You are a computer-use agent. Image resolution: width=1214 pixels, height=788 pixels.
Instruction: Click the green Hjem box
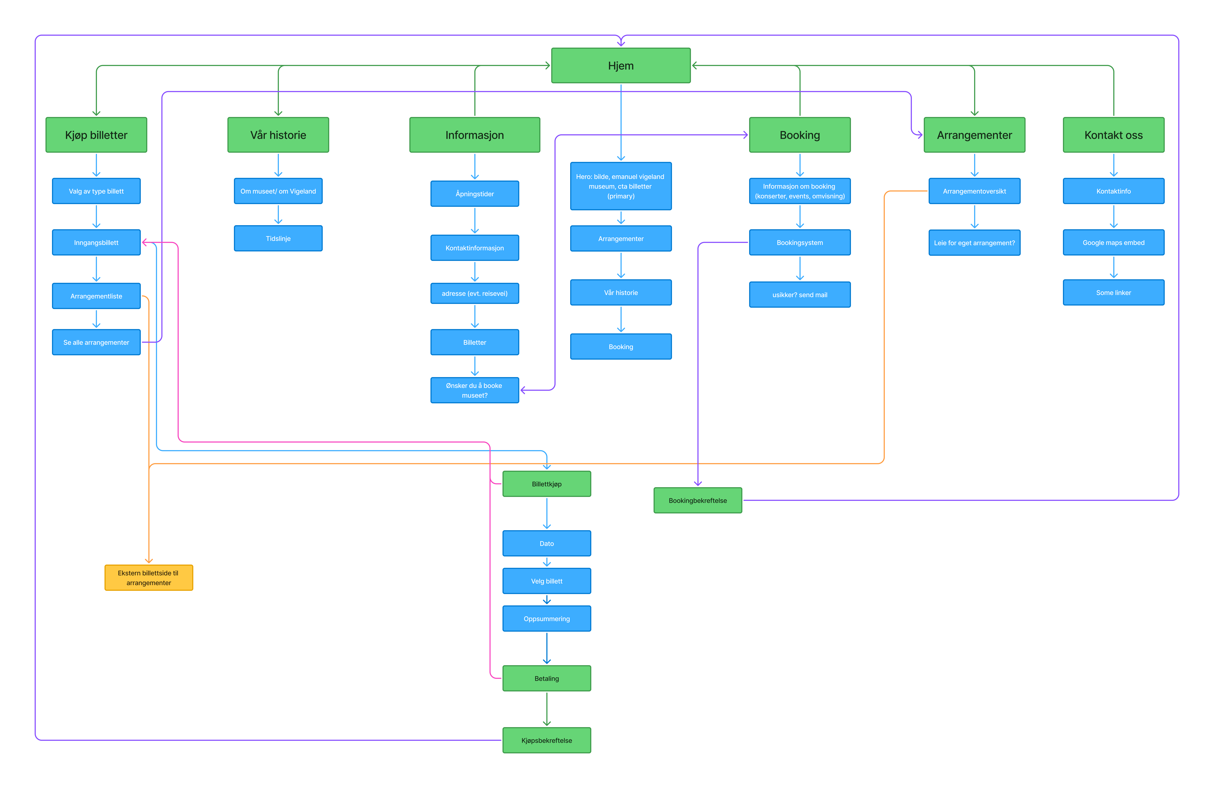(621, 66)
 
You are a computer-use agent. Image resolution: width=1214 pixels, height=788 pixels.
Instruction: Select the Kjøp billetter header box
(96, 135)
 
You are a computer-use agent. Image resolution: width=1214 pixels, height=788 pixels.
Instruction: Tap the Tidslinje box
(278, 239)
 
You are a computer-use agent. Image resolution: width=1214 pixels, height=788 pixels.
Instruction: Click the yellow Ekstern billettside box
(149, 578)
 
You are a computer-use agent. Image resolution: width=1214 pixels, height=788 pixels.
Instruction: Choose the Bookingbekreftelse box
(698, 501)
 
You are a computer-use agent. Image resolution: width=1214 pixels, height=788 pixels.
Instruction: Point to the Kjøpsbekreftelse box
(547, 740)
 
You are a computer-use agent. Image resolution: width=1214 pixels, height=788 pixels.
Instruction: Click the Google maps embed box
(1114, 243)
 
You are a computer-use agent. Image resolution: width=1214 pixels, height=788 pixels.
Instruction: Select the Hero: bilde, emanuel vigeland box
(621, 186)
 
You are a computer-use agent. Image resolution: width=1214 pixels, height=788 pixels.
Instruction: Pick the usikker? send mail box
(800, 295)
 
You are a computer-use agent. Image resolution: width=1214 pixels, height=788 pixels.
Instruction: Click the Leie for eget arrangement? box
(974, 243)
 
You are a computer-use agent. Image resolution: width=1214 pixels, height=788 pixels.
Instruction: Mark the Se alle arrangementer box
(96, 342)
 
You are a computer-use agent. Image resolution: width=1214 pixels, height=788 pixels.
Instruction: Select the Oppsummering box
(547, 619)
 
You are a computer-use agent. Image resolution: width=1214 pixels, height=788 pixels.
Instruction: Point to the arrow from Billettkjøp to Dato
(547, 513)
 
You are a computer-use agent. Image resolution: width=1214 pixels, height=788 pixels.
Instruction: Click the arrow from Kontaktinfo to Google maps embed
(1114, 217)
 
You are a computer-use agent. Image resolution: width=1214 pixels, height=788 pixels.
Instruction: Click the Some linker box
(1114, 293)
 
